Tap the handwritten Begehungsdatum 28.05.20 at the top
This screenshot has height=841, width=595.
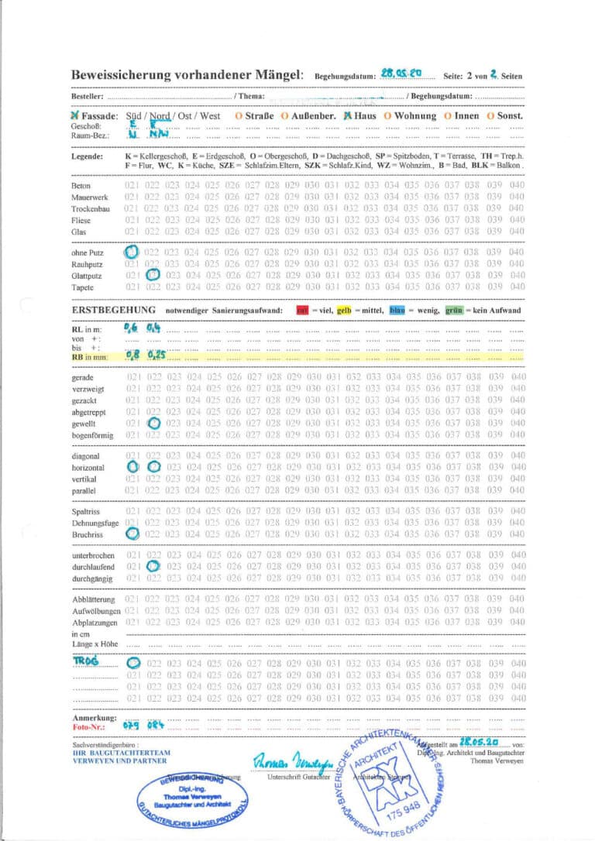click(x=401, y=73)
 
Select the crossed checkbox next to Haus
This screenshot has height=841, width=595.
click(x=348, y=115)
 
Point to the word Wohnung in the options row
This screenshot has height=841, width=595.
click(x=416, y=116)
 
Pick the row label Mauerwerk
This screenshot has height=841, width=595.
click(x=90, y=197)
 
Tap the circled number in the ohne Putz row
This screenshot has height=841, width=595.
click(x=132, y=252)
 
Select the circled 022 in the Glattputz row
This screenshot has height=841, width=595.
click(x=153, y=273)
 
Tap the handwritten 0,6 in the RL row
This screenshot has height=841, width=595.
click(x=130, y=328)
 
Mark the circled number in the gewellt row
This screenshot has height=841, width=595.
click(x=153, y=423)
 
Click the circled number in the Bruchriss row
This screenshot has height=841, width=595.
click(x=132, y=533)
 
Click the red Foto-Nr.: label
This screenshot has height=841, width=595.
click(x=88, y=728)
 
